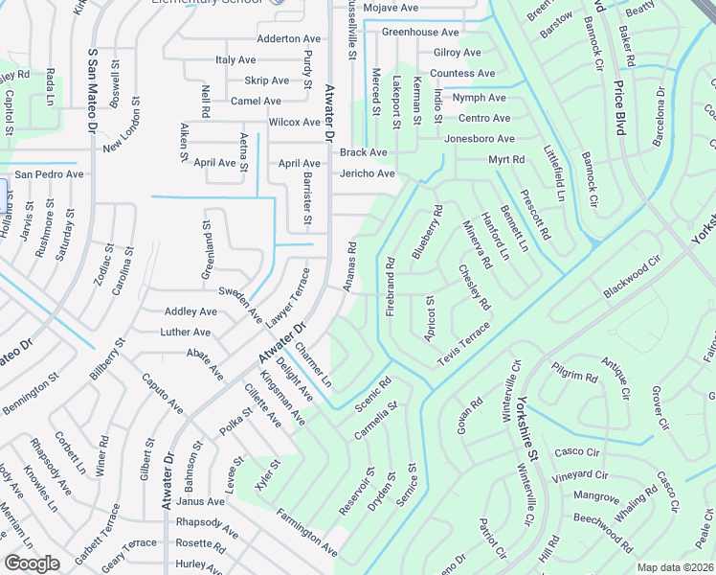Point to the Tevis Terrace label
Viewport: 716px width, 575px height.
pos(464,343)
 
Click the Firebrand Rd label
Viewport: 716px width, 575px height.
pos(391,287)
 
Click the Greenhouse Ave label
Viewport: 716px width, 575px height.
pos(420,33)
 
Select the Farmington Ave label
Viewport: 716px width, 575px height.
pos(308,538)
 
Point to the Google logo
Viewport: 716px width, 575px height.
pos(33,563)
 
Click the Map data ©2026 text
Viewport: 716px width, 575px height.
pos(675,567)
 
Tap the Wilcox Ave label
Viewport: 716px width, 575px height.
pos(295,122)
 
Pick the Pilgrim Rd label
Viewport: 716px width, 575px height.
pos(574,372)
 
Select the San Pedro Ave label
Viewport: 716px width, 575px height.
pos(48,174)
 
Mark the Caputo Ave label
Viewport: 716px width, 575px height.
pos(163,393)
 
